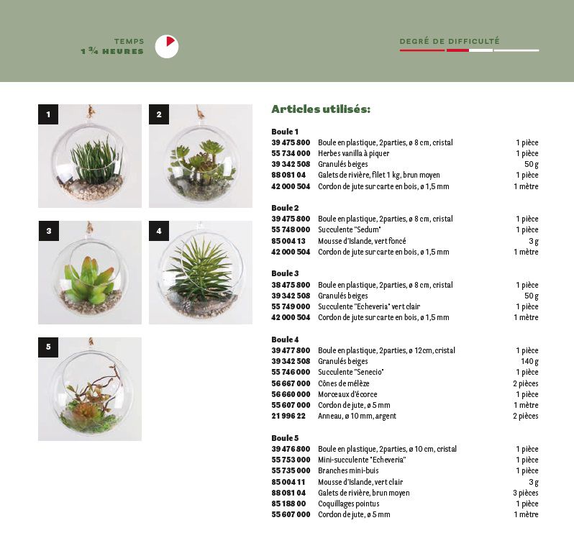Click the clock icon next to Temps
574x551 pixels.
click(x=166, y=47)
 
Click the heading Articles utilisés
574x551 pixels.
click(x=321, y=109)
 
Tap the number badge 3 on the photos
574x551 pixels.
click(x=48, y=231)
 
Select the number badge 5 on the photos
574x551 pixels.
click(x=48, y=347)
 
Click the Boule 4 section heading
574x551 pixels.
click(x=285, y=340)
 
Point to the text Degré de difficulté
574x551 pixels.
click(x=450, y=42)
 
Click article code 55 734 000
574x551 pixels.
click(x=291, y=153)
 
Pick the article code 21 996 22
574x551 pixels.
click(x=288, y=416)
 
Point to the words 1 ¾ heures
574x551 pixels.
click(x=112, y=52)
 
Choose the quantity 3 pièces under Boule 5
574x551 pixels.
click(x=525, y=493)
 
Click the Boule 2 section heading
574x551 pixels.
click(x=285, y=208)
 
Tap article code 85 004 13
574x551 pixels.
click(x=288, y=241)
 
